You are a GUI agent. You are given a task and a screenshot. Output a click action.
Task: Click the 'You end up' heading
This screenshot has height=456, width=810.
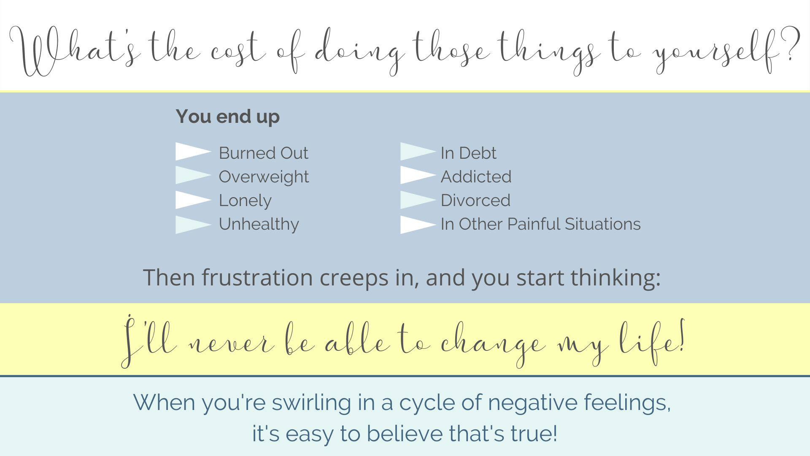(228, 117)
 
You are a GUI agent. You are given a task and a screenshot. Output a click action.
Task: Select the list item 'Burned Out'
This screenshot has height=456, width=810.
(264, 153)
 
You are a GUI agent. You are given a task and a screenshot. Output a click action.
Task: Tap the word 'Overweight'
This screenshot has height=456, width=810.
(264, 177)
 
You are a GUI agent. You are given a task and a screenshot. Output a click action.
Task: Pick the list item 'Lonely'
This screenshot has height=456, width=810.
(245, 201)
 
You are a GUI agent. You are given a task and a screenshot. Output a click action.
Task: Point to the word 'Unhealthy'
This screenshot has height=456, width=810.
(259, 224)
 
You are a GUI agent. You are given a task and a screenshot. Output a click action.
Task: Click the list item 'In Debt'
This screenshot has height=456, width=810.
(469, 153)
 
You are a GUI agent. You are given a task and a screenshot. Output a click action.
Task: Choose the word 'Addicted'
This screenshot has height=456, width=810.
(476, 176)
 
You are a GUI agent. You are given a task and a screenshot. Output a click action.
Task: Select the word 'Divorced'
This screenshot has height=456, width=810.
(476, 200)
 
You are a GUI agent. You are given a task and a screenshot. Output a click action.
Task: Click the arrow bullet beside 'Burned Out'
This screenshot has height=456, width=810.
(193, 152)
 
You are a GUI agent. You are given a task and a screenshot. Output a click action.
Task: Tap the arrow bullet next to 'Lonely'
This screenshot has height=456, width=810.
(193, 200)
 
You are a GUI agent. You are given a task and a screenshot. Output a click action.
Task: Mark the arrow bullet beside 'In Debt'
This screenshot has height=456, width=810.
(418, 152)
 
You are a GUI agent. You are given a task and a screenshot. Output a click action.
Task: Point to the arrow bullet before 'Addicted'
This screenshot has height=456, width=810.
(418, 175)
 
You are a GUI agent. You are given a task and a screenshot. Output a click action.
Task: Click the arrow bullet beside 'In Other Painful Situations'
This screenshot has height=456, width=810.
(418, 225)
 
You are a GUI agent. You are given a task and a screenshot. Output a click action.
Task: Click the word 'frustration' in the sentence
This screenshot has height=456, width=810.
(257, 278)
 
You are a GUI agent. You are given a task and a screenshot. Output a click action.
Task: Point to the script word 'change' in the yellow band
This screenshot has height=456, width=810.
(493, 343)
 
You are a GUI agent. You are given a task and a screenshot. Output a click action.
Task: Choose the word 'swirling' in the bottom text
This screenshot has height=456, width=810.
(311, 403)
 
